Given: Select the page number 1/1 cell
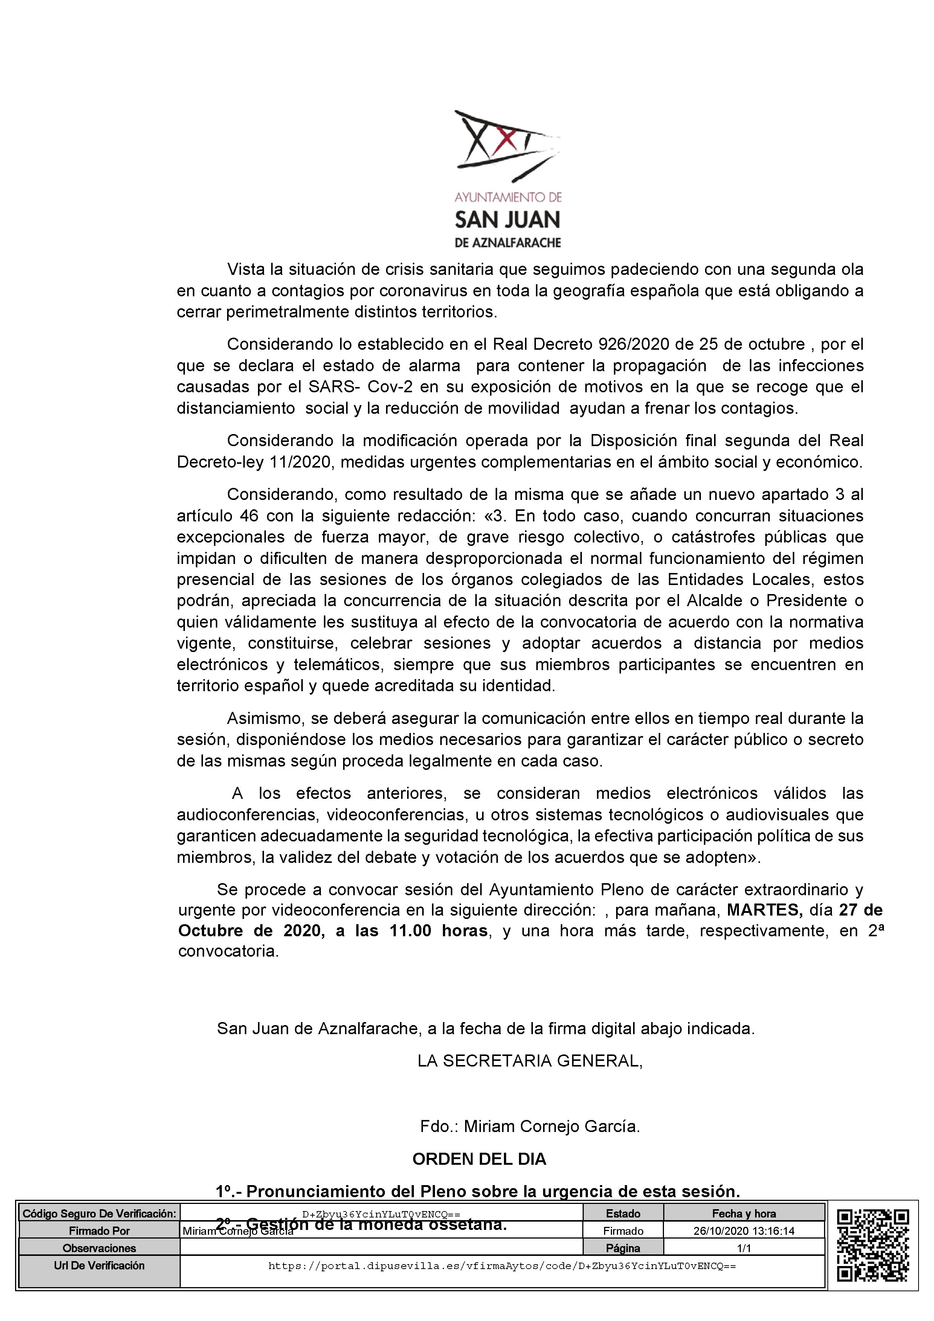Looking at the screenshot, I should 744,1248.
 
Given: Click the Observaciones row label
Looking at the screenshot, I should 99,1248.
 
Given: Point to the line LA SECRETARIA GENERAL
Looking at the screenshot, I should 530,1061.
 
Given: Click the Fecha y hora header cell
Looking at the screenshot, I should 744,1213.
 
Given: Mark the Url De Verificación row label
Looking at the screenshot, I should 99,1265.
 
